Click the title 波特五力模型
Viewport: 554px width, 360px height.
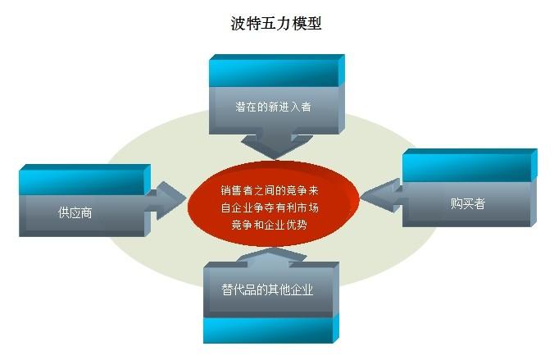pos(276,23)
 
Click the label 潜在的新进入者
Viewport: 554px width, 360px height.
pos(273,107)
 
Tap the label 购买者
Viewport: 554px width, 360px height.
pos(467,203)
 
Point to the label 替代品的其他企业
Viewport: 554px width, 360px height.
pos(267,290)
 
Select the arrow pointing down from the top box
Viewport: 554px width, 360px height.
pos(275,148)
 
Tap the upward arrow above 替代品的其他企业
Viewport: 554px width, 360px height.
pos(270,257)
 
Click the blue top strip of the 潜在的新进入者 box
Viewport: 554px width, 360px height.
pos(273,72)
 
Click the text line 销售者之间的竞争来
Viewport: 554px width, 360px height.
pos(275,191)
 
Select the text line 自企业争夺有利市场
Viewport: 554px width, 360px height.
pos(275,207)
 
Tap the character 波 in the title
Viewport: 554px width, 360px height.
pos(238,23)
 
